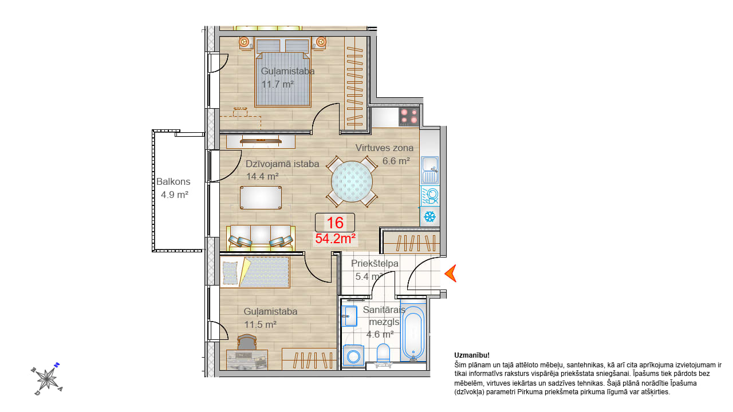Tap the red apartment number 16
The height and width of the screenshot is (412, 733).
click(x=335, y=223)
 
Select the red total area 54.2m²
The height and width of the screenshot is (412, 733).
click(x=336, y=239)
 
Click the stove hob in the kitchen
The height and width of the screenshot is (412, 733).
click(x=409, y=117)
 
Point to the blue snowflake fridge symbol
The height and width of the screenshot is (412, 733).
click(x=429, y=216)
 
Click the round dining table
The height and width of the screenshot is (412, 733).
click(x=352, y=181)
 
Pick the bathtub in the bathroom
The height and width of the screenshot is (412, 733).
click(x=413, y=333)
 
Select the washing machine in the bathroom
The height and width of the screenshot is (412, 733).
click(x=353, y=355)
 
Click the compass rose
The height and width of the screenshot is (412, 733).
click(x=47, y=379)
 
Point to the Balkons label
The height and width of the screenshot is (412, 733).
click(x=173, y=181)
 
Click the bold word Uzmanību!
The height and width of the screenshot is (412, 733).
click(x=472, y=355)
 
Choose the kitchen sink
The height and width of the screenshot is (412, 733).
click(x=430, y=170)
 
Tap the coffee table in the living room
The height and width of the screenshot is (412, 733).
click(x=261, y=197)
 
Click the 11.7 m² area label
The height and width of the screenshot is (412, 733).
click(x=278, y=84)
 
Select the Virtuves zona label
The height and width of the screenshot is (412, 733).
click(x=384, y=148)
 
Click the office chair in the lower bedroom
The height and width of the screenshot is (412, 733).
click(x=247, y=342)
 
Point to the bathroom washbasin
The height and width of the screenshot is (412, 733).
click(x=349, y=316)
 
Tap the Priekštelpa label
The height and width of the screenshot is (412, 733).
click(x=375, y=264)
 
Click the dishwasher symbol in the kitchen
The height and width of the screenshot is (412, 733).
click(x=429, y=196)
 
